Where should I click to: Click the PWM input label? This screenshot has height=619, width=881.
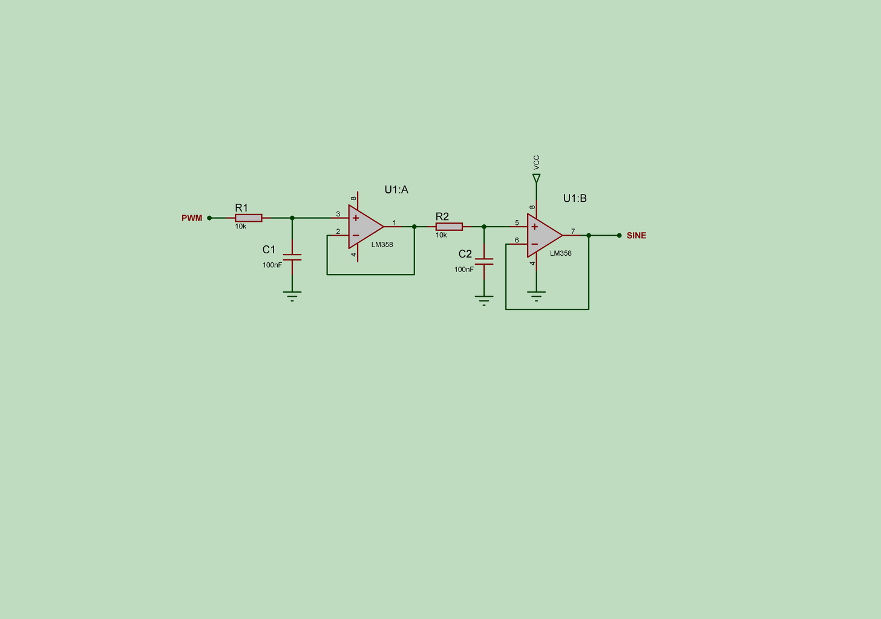192,218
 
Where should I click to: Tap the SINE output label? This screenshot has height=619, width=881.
636,236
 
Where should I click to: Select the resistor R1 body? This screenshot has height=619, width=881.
248,218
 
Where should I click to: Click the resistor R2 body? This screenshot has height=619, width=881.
449,227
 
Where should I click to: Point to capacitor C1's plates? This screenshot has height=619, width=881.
292,257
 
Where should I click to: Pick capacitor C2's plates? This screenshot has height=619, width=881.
484,262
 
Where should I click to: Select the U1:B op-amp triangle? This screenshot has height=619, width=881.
543,236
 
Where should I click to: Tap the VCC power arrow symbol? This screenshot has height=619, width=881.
536,178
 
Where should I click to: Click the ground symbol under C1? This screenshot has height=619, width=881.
292,296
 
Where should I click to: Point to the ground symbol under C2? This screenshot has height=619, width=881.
484,300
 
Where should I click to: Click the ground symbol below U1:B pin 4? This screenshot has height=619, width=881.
536,296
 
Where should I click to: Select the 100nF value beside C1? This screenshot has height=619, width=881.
272,265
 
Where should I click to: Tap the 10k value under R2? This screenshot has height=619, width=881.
441,235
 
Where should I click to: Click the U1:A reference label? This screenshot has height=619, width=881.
396,190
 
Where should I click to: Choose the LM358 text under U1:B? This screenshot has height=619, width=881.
560,253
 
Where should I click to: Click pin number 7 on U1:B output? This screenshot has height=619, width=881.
573,232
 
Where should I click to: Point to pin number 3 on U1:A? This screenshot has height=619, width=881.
338,214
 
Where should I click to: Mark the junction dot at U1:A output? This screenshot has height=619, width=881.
414,227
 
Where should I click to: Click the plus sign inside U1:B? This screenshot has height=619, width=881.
534,227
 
